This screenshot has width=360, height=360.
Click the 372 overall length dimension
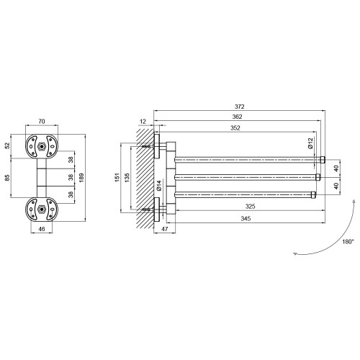tap(239, 107)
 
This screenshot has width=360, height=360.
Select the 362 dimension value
tap(237, 117)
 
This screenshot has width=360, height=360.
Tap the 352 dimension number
tap(235, 128)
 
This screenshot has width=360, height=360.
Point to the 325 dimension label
tap(250, 207)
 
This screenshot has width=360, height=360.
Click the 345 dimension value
tap(246, 218)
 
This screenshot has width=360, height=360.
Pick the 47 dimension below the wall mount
tap(164, 229)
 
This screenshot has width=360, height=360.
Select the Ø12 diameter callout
tap(310, 143)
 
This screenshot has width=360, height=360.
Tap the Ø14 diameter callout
tap(159, 186)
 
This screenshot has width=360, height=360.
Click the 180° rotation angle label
tap(348, 242)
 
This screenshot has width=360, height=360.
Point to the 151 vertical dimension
tap(117, 177)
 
